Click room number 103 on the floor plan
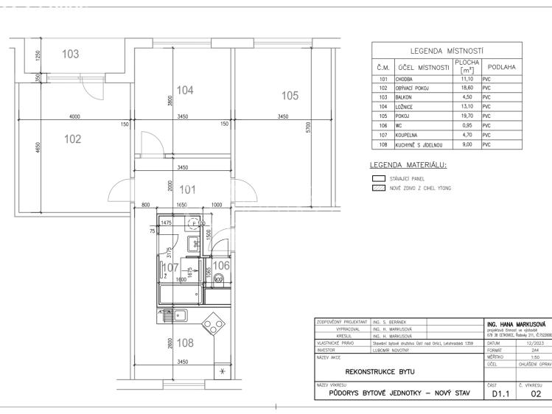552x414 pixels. click(x=71, y=54)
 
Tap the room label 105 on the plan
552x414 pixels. click(x=290, y=95)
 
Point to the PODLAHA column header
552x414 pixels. click(x=502, y=67)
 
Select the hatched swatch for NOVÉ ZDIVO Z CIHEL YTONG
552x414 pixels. click(x=379, y=189)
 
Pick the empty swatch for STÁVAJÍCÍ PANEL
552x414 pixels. click(x=379, y=178)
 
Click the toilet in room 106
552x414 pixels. click(x=218, y=279)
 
